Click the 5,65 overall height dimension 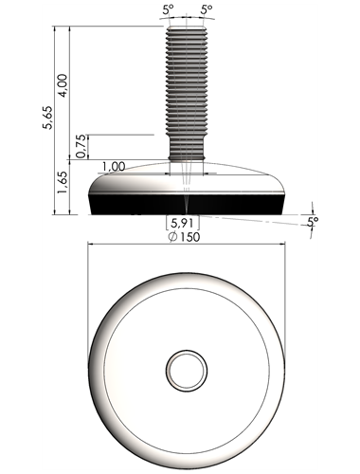(48, 118)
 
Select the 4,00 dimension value (63, 85)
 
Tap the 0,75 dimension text (81, 146)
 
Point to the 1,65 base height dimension (63, 184)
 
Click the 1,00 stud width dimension (114, 167)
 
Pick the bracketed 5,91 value (183, 223)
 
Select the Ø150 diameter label (184, 237)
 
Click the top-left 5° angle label (169, 9)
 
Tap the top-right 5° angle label (207, 9)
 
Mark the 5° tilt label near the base (313, 221)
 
